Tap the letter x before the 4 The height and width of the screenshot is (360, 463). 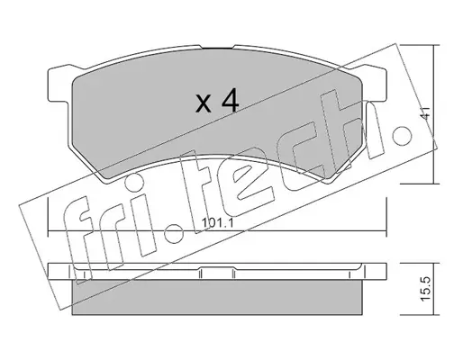coord(203,103)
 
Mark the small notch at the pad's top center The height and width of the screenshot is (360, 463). coord(217,47)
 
